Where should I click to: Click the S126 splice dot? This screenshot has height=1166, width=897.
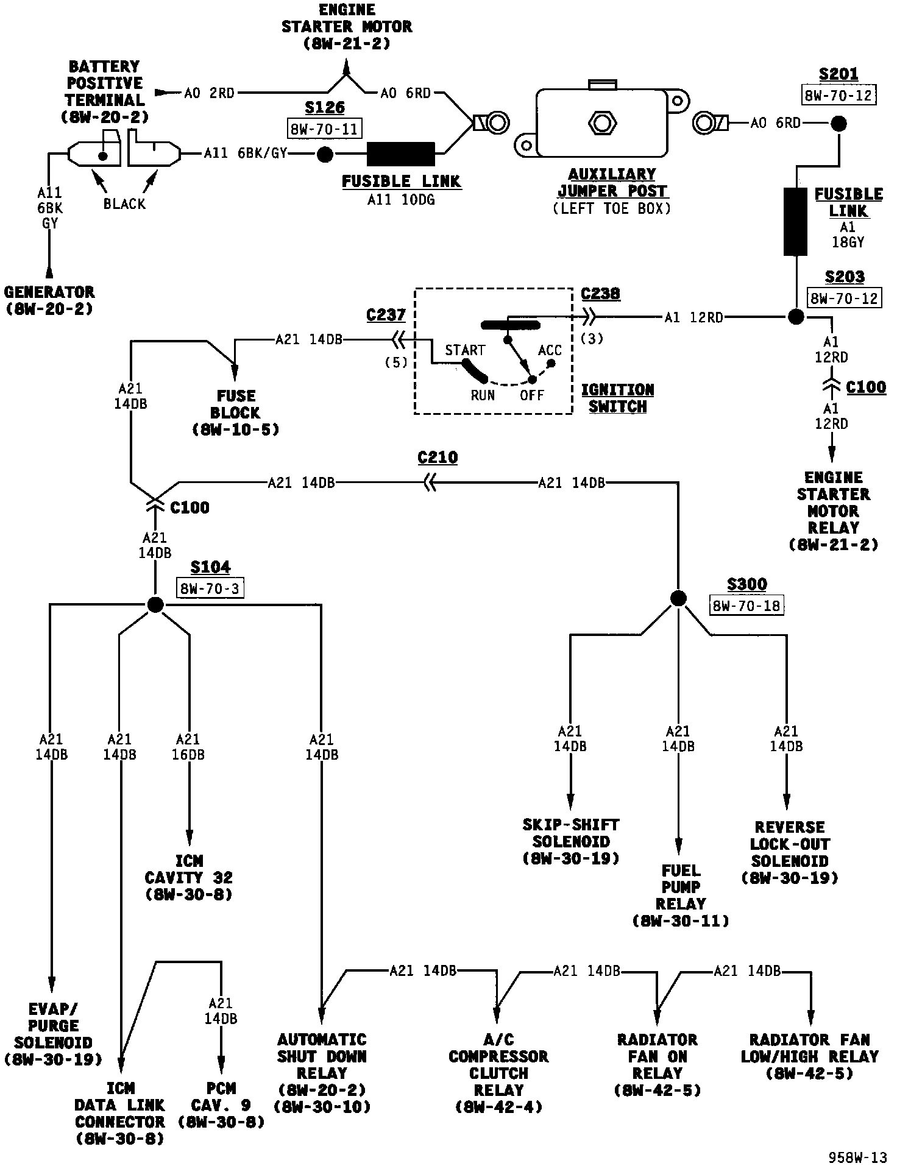click(x=326, y=154)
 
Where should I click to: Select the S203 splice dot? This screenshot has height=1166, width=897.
click(x=796, y=317)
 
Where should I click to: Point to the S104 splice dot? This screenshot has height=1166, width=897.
click(x=155, y=605)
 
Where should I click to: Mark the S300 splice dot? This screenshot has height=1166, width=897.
click(x=678, y=598)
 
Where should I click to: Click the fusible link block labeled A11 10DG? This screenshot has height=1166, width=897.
click(x=401, y=154)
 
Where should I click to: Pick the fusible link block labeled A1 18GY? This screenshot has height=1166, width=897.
click(x=796, y=221)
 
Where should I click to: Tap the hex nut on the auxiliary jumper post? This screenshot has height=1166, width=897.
click(x=602, y=123)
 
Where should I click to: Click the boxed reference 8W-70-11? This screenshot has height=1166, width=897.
click(x=324, y=129)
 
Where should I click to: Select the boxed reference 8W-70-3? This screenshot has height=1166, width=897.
click(x=211, y=588)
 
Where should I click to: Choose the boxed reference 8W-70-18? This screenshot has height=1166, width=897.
click(x=746, y=606)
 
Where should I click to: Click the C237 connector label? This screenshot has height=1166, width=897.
click(x=386, y=316)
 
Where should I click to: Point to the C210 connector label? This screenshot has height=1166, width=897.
click(x=438, y=458)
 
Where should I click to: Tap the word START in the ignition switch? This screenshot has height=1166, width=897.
click(x=465, y=350)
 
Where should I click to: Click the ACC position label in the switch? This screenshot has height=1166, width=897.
click(x=550, y=350)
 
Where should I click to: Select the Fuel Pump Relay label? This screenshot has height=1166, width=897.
click(x=681, y=896)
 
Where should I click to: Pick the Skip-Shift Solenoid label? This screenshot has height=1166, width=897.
click(x=571, y=841)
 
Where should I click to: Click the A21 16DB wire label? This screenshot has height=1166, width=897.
click(x=188, y=747)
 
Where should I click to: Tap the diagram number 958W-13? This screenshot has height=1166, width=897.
click(x=856, y=1156)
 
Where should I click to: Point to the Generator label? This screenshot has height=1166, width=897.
click(x=49, y=300)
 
